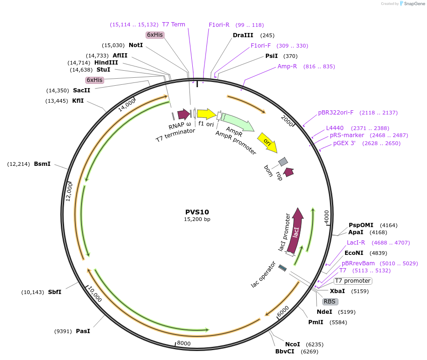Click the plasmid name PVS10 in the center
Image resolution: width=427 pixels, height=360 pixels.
197,212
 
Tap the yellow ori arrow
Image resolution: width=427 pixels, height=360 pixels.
267,142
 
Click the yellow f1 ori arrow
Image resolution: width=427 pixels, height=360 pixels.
206,114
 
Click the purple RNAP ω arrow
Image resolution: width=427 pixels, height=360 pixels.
183,114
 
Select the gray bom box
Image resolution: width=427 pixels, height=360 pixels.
283,162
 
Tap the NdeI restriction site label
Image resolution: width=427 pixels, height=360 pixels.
324,311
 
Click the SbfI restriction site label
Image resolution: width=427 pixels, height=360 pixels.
55,292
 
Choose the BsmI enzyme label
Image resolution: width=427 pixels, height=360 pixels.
42,164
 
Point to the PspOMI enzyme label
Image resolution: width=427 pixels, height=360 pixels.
361,225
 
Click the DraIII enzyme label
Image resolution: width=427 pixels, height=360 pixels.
243,35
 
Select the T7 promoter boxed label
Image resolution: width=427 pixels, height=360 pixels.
353,281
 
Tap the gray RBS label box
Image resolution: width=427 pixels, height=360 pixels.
330,302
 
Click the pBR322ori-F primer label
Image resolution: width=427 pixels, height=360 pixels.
336,113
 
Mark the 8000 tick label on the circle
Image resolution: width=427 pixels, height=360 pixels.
184,344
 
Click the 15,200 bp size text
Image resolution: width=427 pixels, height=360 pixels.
197,220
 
